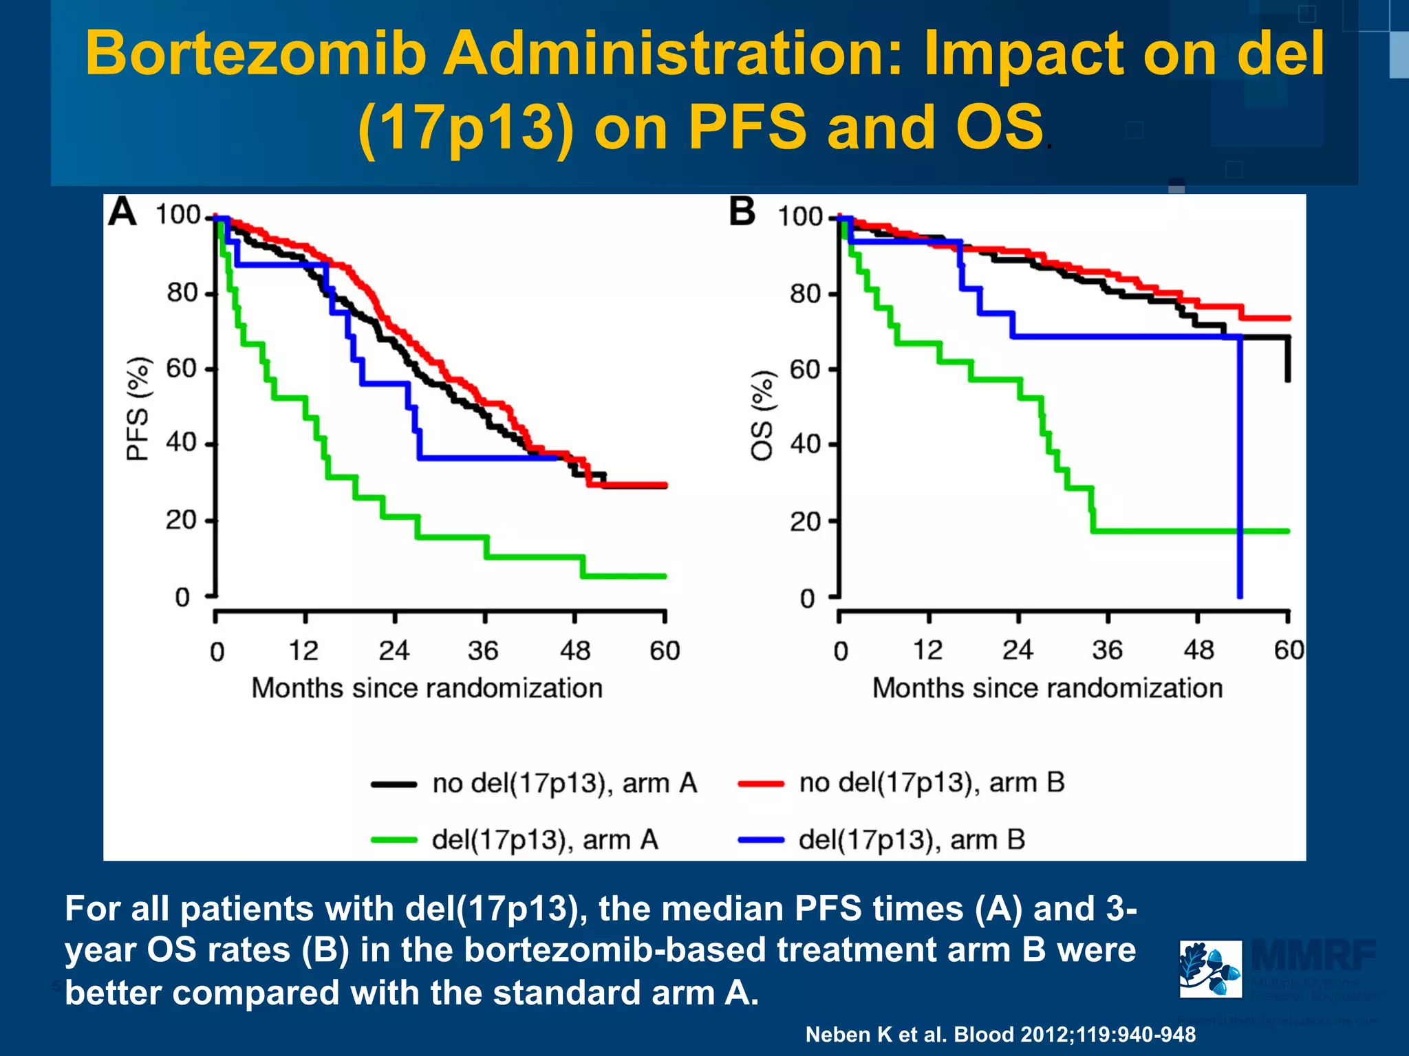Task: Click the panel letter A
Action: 122,211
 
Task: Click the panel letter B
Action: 742,211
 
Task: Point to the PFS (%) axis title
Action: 138,408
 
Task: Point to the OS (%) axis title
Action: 762,415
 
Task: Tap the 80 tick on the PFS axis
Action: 182,293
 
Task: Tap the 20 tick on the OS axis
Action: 806,522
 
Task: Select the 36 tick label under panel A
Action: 483,650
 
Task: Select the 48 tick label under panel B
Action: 1198,650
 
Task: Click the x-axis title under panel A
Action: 427,688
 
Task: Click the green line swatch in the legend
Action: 394,839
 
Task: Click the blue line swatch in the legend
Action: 760,839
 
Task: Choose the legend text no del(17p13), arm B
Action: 932,782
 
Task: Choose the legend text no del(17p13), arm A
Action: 564,783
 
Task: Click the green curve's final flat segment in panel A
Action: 625,576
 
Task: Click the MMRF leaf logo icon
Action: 1210,969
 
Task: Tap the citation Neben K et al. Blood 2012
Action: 1000,1034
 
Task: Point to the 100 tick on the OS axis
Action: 800,217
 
